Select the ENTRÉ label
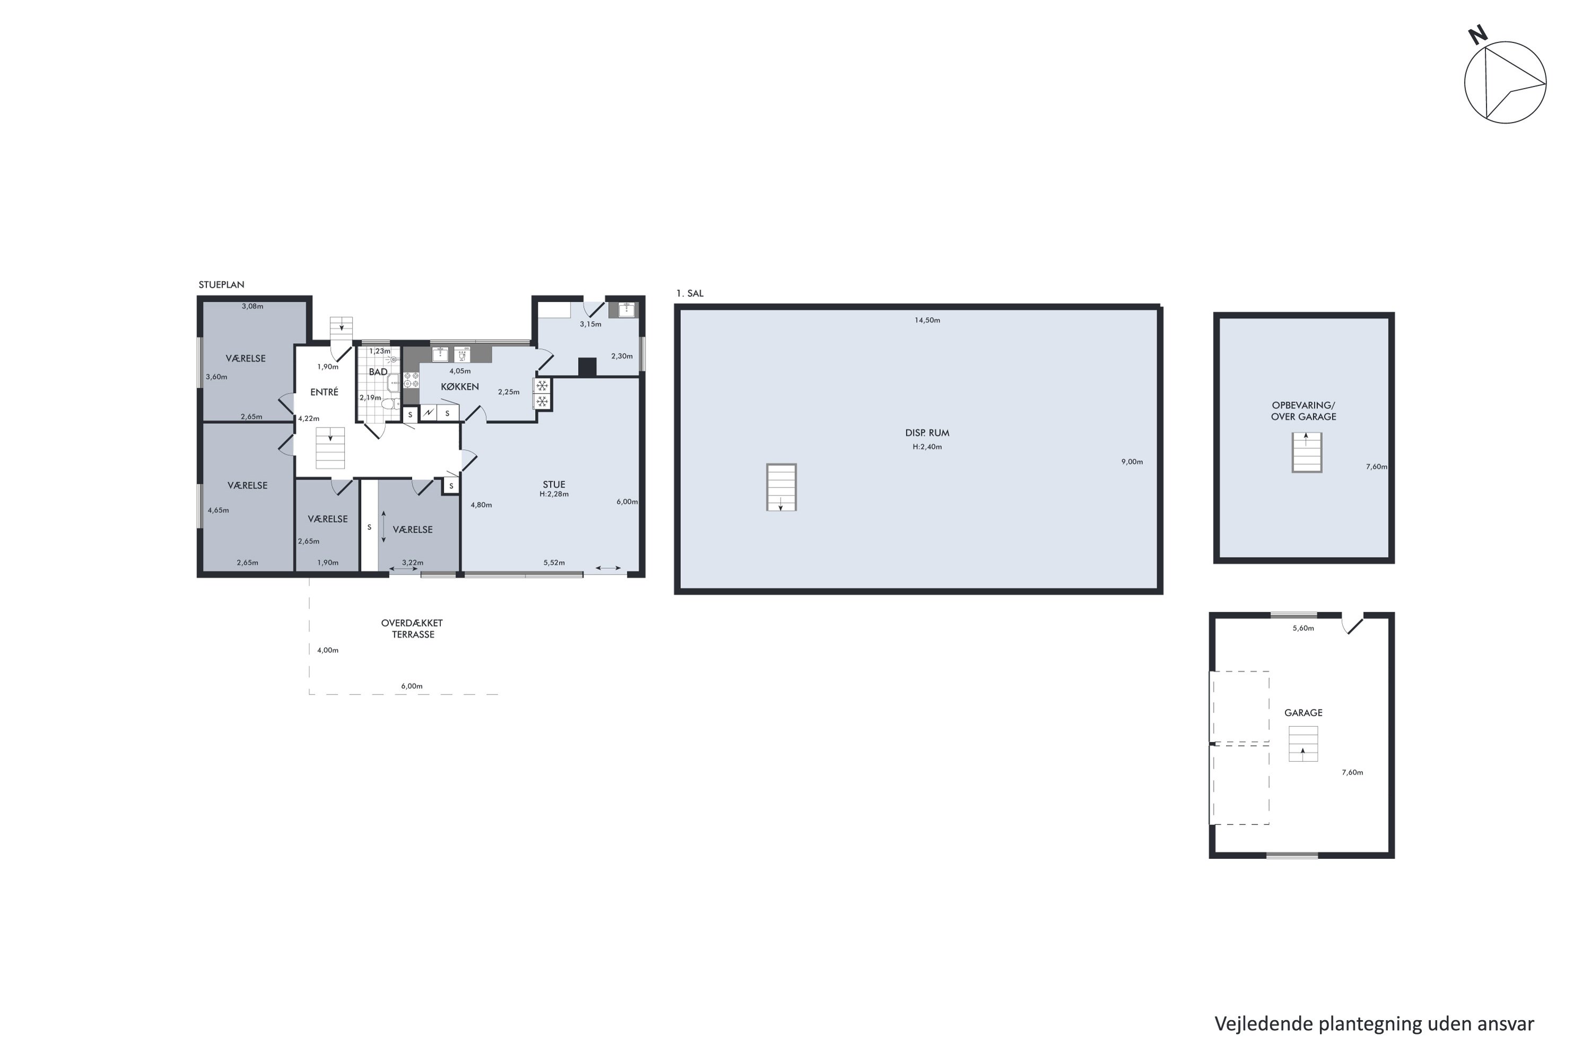click(324, 393)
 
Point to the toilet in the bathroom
click(389, 404)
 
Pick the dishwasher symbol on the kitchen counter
click(462, 354)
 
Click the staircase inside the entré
click(330, 448)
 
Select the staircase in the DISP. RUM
click(781, 487)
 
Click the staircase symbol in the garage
click(1303, 744)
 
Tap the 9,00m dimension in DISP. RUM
click(1132, 462)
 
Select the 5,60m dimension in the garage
click(1303, 629)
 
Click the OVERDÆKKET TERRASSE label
click(412, 629)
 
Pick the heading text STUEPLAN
click(221, 285)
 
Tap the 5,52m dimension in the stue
click(554, 563)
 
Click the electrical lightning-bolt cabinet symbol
click(428, 413)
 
